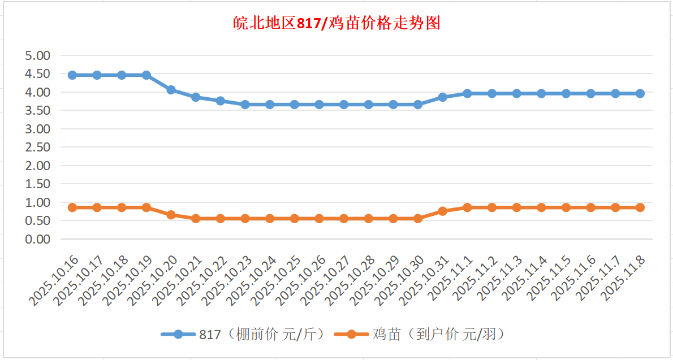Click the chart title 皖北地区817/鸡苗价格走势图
click(336, 24)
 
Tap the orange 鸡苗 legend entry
click(419, 335)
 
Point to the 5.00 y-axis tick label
click(38, 55)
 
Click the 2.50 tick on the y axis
click(38, 147)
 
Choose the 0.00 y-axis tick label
click(38, 239)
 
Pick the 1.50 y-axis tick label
click(38, 184)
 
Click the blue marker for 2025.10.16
click(72, 75)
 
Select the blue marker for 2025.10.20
click(171, 90)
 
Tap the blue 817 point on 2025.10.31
click(443, 97)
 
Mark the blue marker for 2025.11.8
click(640, 93)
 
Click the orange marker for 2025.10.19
click(146, 207)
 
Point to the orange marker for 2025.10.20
click(171, 215)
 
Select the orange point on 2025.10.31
click(443, 211)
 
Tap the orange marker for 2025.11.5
click(566, 207)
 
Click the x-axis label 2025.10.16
click(54, 280)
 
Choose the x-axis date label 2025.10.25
click(276, 280)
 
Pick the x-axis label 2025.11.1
click(448, 277)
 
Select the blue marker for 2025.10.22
click(221, 101)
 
